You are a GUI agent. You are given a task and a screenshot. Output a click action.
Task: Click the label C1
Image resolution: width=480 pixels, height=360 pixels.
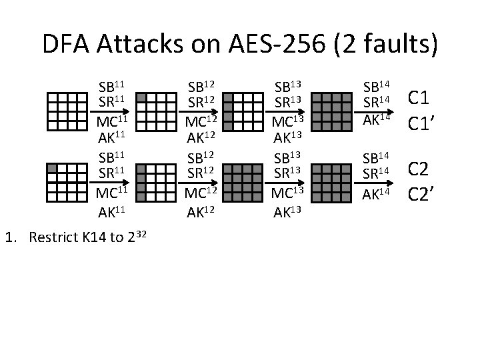pyautogui.click(x=421, y=98)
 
